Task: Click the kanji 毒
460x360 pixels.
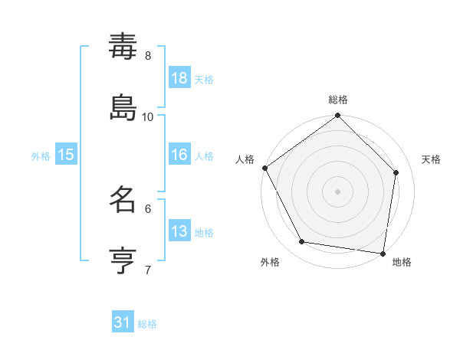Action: click(x=123, y=47)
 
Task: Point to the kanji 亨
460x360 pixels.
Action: click(x=123, y=259)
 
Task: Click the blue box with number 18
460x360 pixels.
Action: click(x=179, y=78)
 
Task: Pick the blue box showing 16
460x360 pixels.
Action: click(x=179, y=155)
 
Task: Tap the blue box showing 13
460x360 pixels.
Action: click(x=179, y=231)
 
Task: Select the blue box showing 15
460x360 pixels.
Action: click(x=66, y=155)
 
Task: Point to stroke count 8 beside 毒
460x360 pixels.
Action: click(x=148, y=56)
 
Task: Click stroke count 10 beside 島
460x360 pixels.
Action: click(x=148, y=116)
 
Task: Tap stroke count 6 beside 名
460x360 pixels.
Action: click(x=148, y=208)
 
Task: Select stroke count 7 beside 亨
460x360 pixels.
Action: click(x=148, y=269)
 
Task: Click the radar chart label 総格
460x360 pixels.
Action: click(x=338, y=100)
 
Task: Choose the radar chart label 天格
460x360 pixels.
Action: click(x=431, y=159)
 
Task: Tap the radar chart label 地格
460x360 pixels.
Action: click(x=402, y=263)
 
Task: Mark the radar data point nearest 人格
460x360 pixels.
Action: click(x=265, y=168)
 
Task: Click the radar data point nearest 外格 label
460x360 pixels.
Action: click(x=302, y=242)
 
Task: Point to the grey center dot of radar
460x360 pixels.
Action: click(x=338, y=191)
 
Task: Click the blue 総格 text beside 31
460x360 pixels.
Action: click(x=148, y=324)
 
